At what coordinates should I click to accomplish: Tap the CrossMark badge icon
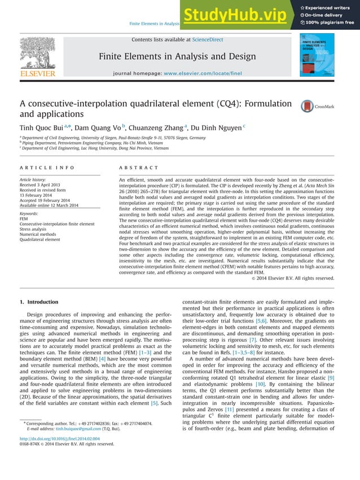[308, 106]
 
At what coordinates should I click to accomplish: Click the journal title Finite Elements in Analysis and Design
[177, 56]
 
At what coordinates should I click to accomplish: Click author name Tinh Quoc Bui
[43, 127]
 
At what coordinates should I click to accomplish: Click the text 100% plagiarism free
[331, 23]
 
